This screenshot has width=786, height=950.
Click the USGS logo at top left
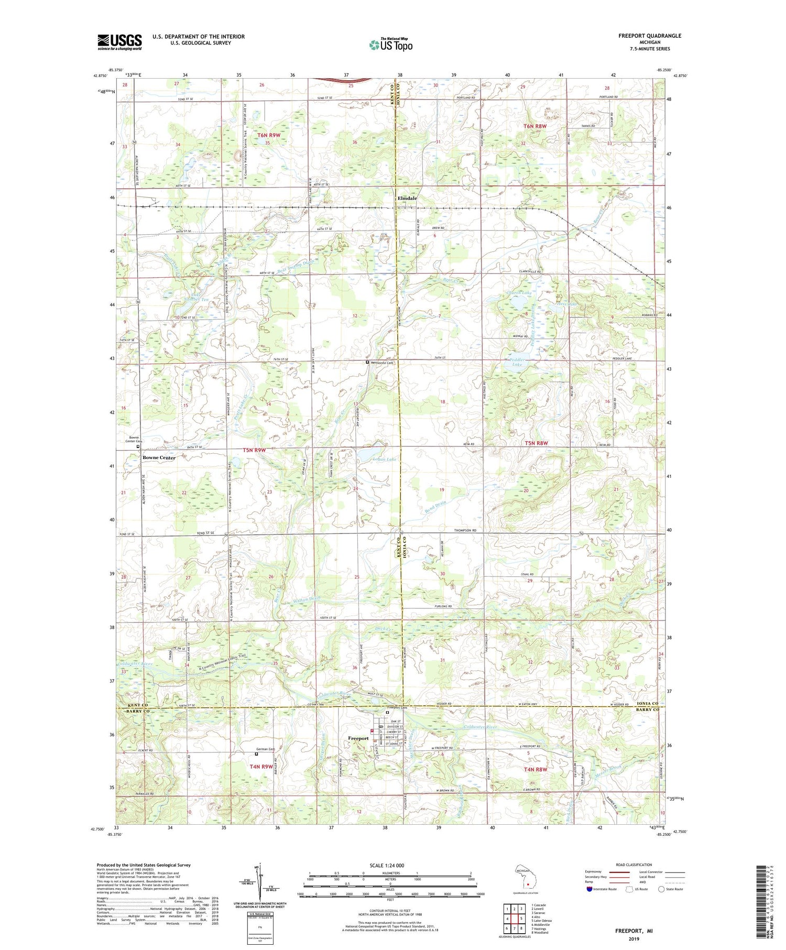[119, 42]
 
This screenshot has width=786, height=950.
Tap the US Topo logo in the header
[390, 45]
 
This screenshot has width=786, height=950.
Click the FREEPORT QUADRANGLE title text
[649, 36]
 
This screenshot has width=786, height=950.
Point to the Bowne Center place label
[159, 457]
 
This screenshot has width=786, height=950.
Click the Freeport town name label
[358, 738]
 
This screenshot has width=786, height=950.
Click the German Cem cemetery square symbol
[256, 754]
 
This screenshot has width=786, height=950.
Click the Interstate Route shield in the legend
[589, 889]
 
